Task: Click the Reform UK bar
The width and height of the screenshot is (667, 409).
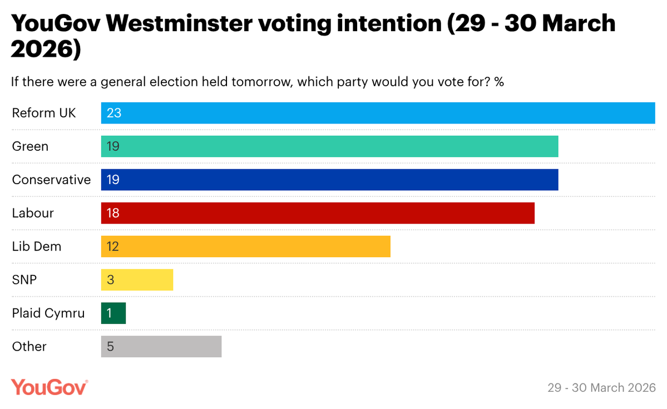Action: click(x=378, y=113)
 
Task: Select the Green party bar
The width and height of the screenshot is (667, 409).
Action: click(x=329, y=146)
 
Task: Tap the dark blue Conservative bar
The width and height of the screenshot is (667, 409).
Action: click(x=329, y=180)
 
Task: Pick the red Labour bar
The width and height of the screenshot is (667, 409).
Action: click(x=318, y=213)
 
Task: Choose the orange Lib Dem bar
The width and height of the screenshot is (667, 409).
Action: click(x=245, y=247)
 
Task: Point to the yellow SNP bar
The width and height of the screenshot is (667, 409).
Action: click(x=137, y=280)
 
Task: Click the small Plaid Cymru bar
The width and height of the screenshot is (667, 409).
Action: click(x=113, y=313)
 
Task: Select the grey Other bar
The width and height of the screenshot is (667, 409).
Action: click(x=161, y=347)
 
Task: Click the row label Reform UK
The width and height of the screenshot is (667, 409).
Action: click(x=44, y=113)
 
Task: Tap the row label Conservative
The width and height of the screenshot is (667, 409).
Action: click(x=51, y=180)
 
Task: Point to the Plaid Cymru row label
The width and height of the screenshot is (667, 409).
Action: click(x=48, y=313)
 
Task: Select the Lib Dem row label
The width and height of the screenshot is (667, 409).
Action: click(x=37, y=247)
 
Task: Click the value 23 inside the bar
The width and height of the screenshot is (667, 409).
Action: click(x=113, y=113)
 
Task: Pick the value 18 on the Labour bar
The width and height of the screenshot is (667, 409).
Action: click(x=113, y=213)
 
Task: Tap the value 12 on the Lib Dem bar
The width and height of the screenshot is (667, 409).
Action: click(x=113, y=247)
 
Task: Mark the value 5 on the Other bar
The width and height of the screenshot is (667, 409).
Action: click(x=110, y=347)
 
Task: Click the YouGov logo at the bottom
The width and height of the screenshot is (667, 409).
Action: click(x=50, y=387)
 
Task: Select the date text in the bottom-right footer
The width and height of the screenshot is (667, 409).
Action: click(x=601, y=387)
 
